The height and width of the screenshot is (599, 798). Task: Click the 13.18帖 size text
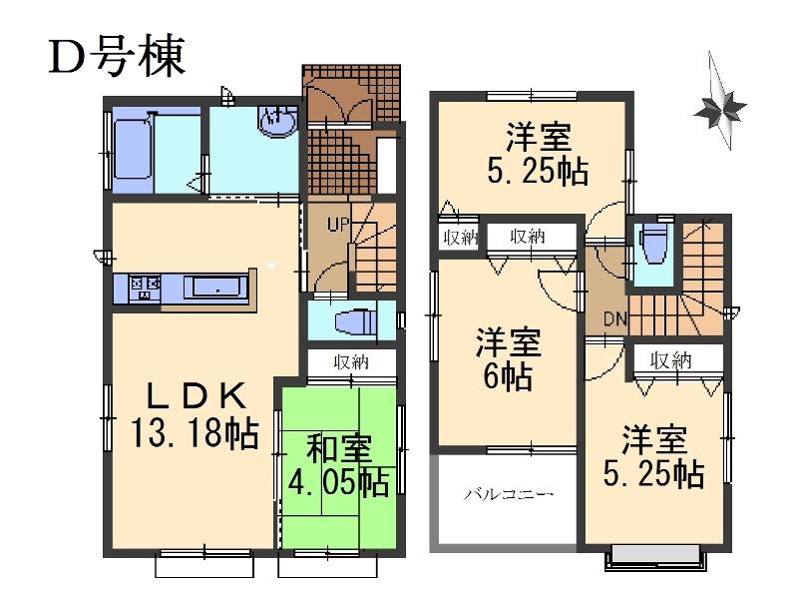pyautogui.click(x=195, y=434)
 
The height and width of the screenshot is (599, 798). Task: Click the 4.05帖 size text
pyautogui.click(x=340, y=483)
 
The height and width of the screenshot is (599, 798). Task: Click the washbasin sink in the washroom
pyautogui.click(x=274, y=123)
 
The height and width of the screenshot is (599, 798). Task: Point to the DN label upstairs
pyautogui.click(x=614, y=320)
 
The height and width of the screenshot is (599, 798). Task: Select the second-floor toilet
pyautogui.click(x=654, y=243)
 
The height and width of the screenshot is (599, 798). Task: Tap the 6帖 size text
pyautogui.click(x=509, y=378)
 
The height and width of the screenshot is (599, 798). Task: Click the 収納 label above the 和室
pyautogui.click(x=352, y=362)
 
